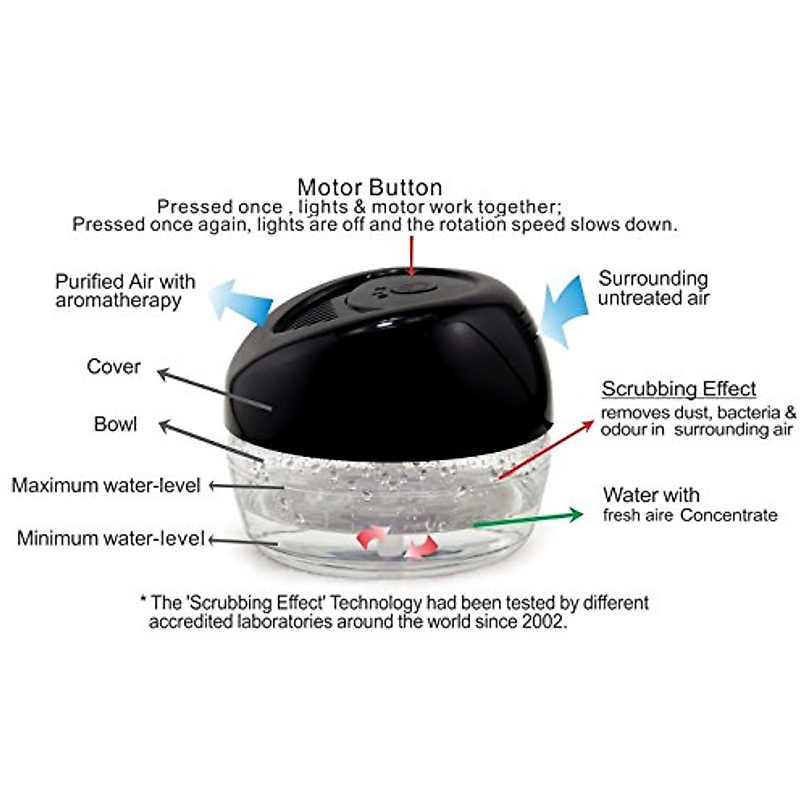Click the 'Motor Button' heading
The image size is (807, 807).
click(370, 187)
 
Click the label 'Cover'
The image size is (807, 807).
click(114, 367)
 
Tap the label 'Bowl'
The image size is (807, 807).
click(115, 424)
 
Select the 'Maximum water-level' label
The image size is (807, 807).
click(106, 485)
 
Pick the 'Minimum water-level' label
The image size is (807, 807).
click(110, 538)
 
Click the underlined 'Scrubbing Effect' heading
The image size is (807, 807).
click(679, 389)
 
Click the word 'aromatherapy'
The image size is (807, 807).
click(118, 301)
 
